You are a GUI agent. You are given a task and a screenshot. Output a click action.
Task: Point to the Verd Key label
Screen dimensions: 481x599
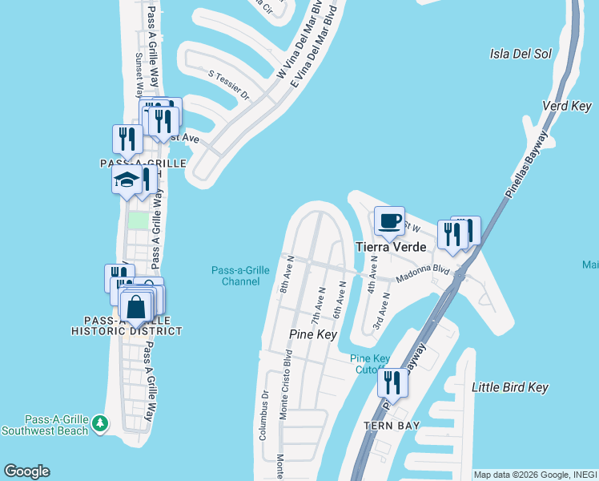pyautogui.click(x=566, y=107)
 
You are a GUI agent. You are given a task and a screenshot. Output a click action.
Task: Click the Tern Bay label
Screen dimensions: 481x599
pyautogui.click(x=391, y=425)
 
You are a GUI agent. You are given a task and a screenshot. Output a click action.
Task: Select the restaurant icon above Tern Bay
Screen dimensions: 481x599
pyautogui.click(x=392, y=382)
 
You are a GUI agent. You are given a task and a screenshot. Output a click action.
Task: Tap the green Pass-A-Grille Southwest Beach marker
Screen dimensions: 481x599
pyautogui.click(x=99, y=422)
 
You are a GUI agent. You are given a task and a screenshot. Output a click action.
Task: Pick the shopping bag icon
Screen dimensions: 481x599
pyautogui.click(x=137, y=306)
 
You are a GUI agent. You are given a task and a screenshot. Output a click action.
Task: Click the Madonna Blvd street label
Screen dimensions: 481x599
pyautogui.click(x=424, y=275)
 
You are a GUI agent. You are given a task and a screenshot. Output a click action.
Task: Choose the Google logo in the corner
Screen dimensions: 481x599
pyautogui.click(x=26, y=471)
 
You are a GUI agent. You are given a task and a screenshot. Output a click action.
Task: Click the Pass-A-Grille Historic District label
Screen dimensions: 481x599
pyautogui.click(x=127, y=325)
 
